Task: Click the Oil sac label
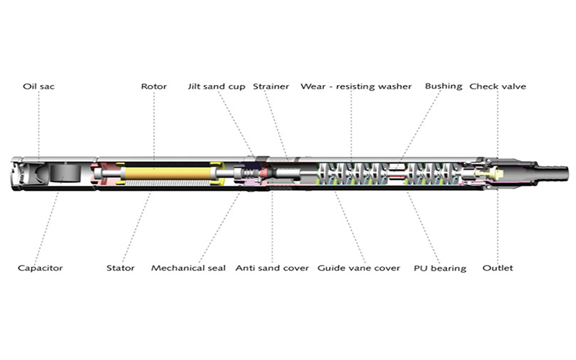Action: pos(39,86)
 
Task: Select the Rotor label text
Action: pos(154,86)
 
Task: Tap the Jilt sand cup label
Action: pos(217,86)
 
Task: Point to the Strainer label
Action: pos(271,86)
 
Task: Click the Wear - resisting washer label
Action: pos(356,86)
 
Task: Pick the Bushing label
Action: pos(444,86)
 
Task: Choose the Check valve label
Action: pos(498,86)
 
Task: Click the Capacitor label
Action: pos(40,268)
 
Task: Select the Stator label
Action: pos(120,268)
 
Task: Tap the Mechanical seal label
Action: pos(189,268)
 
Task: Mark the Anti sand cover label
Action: pos(272,268)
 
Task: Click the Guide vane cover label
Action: pos(359,268)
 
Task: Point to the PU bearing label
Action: pos(440,269)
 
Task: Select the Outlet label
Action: pos(498,268)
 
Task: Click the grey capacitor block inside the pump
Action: pos(65,173)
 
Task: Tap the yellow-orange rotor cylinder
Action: pos(168,174)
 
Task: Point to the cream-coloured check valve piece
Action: pos(489,174)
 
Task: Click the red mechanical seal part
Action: pos(265,173)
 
